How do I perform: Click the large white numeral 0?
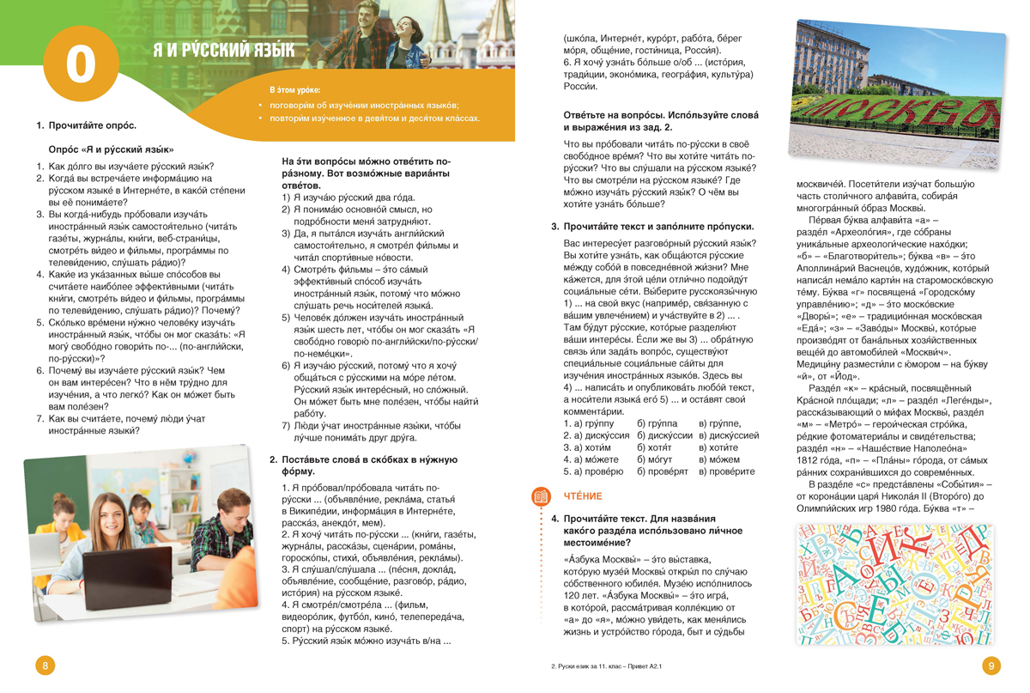80,64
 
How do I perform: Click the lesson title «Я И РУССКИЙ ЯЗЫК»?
223,51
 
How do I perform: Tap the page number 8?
45,666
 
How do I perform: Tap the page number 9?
991,666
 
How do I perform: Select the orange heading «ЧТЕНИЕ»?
583,496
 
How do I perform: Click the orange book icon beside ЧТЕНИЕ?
541,496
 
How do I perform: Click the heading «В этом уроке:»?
294,90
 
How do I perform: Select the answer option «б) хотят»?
657,447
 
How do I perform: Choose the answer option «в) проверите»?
726,471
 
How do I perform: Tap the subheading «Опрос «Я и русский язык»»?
111,149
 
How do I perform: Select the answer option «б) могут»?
657,459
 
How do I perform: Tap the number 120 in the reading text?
574,596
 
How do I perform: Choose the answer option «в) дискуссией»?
729,435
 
